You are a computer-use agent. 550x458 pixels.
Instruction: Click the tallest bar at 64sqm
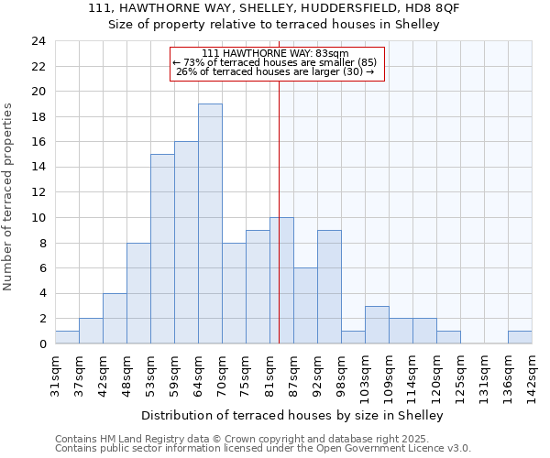click(210, 224)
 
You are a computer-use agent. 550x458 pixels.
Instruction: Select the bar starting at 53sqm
click(162, 249)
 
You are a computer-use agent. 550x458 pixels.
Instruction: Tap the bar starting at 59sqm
click(186, 243)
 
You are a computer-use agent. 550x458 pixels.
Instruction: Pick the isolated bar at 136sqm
click(520, 337)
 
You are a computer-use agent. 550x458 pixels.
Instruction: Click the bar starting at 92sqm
click(329, 287)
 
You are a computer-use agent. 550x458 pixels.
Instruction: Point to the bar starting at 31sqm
click(67, 337)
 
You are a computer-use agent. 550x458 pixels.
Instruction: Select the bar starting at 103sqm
click(377, 325)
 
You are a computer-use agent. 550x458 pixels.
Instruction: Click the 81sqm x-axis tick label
click(269, 371)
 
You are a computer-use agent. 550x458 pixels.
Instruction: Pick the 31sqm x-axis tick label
click(55, 371)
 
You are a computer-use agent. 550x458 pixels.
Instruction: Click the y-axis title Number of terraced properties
click(8, 197)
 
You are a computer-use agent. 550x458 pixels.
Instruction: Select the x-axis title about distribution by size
click(293, 415)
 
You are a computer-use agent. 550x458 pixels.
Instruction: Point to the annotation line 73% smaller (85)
click(276, 62)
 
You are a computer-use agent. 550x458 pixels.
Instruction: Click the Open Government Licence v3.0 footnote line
click(263, 449)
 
